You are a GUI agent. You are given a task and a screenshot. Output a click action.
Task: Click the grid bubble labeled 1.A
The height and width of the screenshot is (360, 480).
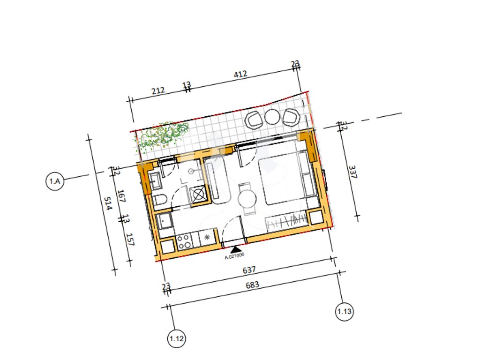click(x=55, y=181)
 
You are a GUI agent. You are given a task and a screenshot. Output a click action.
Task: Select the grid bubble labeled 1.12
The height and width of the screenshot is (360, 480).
click(x=177, y=338)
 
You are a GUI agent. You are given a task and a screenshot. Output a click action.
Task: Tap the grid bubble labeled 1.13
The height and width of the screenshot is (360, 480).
click(x=344, y=312)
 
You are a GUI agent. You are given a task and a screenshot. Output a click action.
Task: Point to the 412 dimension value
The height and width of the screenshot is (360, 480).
click(x=240, y=74)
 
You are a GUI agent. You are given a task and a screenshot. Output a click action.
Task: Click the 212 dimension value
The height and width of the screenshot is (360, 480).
click(x=158, y=90)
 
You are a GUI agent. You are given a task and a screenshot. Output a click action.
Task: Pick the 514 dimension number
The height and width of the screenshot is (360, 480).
click(x=108, y=203)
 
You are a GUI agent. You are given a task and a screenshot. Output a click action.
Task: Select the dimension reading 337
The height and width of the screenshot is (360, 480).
click(x=352, y=172)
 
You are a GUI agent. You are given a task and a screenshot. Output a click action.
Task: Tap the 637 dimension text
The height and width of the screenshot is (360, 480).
click(x=249, y=270)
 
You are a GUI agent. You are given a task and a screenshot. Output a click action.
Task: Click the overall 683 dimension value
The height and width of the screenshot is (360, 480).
click(x=252, y=285)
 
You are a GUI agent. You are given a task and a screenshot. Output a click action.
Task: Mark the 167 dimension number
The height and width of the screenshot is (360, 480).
click(x=121, y=196)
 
